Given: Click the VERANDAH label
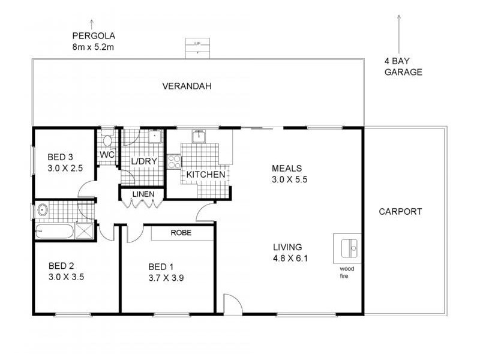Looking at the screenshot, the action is click(x=187, y=86).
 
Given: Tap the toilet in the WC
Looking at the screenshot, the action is click(x=107, y=139).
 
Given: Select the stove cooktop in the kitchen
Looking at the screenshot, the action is click(x=175, y=161).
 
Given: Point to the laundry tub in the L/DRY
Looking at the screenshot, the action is click(x=155, y=137).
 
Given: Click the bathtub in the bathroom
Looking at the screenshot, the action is click(x=55, y=231).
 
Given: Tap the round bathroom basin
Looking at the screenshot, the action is click(x=42, y=210).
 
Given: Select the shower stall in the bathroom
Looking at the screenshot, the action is click(x=84, y=231).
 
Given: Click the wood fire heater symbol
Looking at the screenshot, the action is click(x=349, y=248).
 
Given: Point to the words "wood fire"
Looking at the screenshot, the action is click(x=347, y=272).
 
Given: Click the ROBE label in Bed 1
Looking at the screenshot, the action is click(x=181, y=233).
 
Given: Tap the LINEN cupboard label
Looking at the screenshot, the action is click(x=143, y=194).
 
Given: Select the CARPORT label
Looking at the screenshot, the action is click(x=400, y=212).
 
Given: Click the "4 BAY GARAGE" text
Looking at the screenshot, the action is click(x=403, y=67).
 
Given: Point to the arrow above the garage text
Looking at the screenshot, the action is click(x=399, y=34).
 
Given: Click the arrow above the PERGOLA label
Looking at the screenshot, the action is click(x=92, y=25).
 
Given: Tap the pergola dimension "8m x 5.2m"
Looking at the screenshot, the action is click(x=93, y=47).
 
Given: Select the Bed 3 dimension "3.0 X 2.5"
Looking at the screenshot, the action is click(x=65, y=169).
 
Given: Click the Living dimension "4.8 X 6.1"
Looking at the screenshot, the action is click(x=290, y=259).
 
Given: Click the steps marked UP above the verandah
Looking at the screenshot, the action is click(x=198, y=48).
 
